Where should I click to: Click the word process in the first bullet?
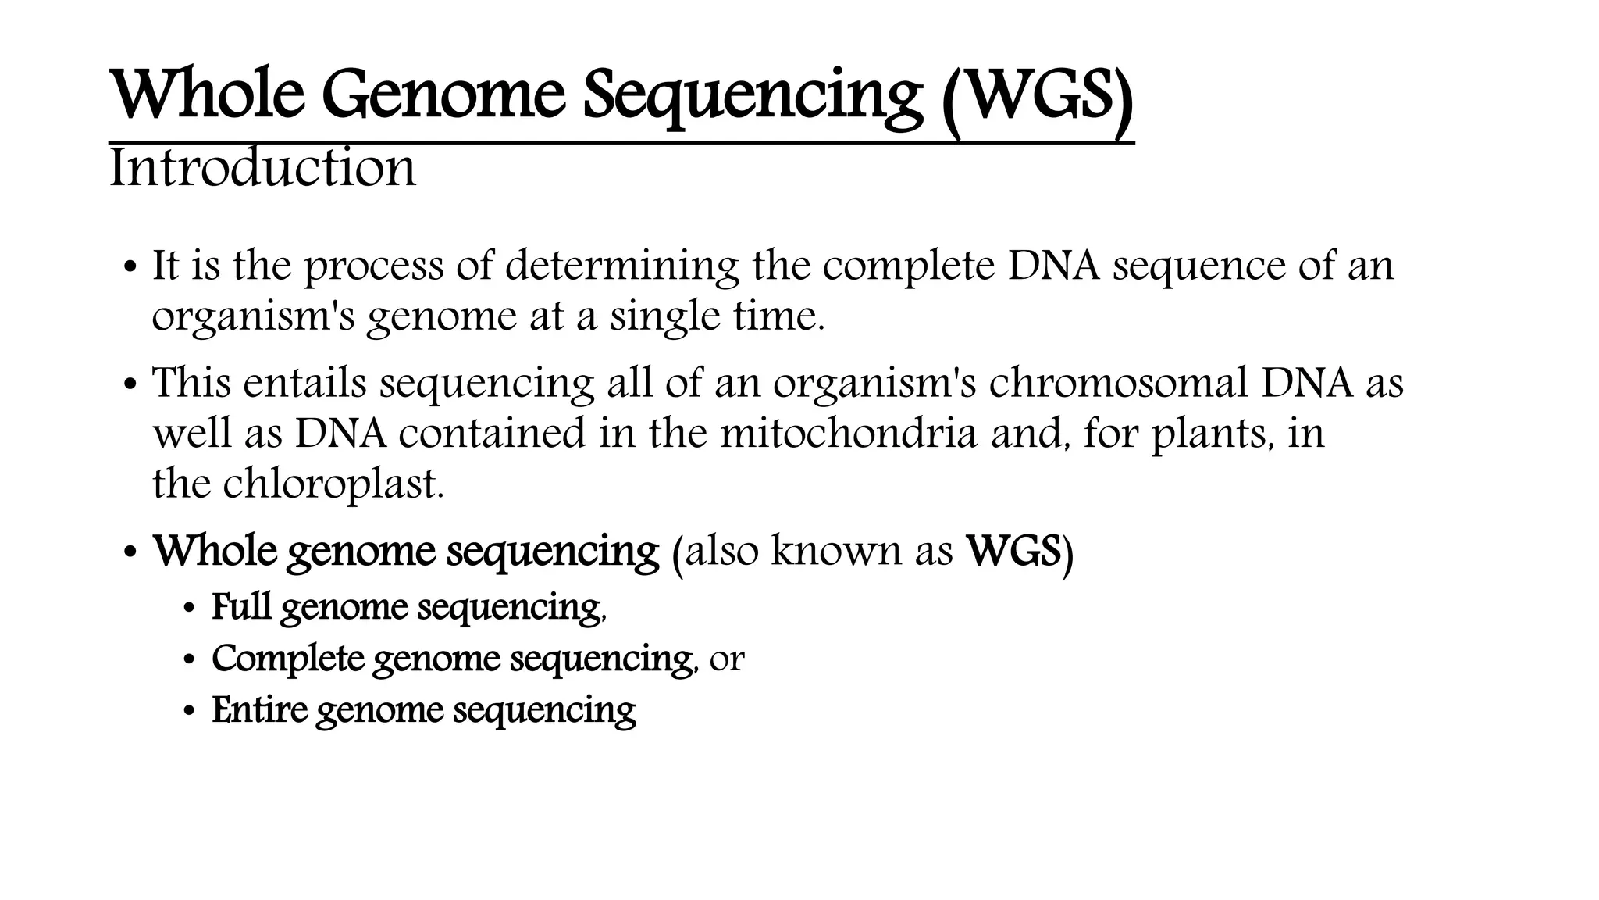click(373, 266)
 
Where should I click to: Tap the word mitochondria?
click(848, 434)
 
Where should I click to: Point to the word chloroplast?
click(333, 484)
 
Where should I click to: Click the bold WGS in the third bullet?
click(1014, 552)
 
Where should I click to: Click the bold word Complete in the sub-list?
click(288, 659)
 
